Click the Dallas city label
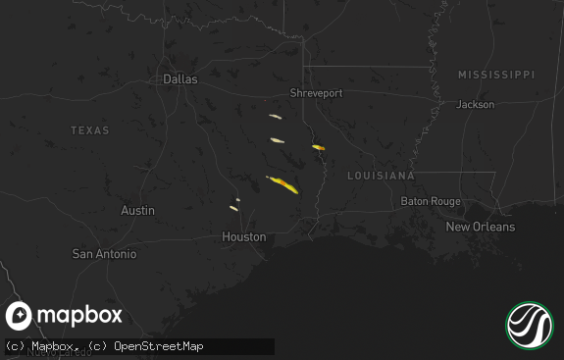[x=179, y=78]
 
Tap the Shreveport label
[x=316, y=93]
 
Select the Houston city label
[x=243, y=236]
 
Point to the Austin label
[x=137, y=210]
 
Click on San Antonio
[x=104, y=253]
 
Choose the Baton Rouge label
[x=430, y=201]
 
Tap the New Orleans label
[x=480, y=227]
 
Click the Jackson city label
[x=475, y=104]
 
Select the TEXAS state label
[x=90, y=130]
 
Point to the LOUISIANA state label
[x=381, y=176]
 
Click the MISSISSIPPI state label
[x=496, y=75]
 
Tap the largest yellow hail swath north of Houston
[x=283, y=183]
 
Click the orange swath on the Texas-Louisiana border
[x=318, y=147]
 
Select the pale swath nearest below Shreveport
[x=276, y=117]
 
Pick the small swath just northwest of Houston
[x=234, y=207]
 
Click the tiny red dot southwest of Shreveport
[x=264, y=100]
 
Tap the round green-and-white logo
[x=530, y=326]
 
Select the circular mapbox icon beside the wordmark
[x=20, y=316]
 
